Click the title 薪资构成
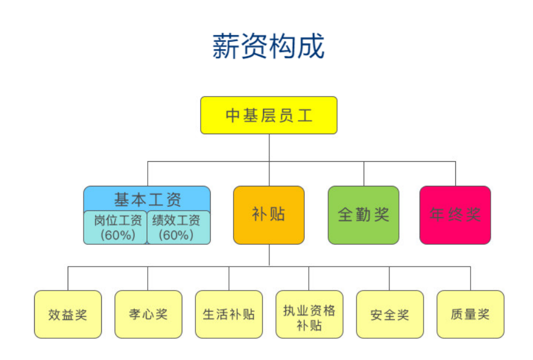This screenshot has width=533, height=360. coord(268,46)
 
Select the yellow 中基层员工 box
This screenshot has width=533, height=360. coord(269,115)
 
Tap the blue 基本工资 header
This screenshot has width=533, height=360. coord(147,199)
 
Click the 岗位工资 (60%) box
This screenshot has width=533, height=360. coord(116,227)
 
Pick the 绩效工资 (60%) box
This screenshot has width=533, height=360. coord(177,227)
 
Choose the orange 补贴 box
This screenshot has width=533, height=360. coord(269,215)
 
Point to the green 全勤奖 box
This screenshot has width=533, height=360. coord(363,215)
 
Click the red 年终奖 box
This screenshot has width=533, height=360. coord(455,215)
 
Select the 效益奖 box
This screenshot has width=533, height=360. coord(68,314)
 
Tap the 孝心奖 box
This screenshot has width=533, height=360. coord(148,314)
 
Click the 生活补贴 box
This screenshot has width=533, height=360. coord(229,314)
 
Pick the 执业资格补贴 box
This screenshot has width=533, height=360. coord(309,314)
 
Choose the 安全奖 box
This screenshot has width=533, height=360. coord(389,314)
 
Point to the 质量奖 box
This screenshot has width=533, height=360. coord(470,314)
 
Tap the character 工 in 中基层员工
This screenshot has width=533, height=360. coord(305,115)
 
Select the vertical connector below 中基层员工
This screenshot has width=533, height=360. coord(269,147)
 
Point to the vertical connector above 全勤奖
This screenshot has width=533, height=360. coord(364,174)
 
